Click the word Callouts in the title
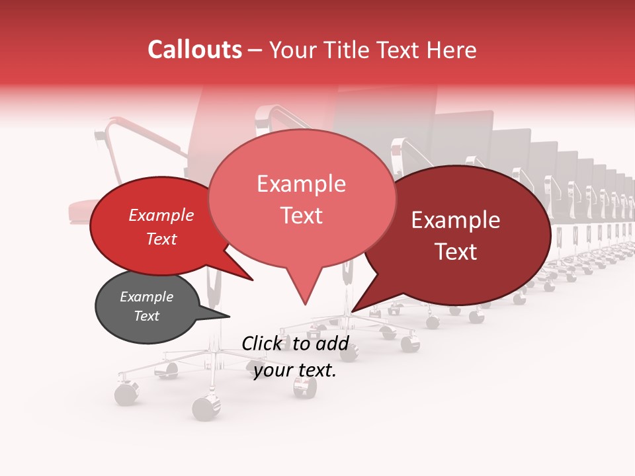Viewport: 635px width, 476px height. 194,50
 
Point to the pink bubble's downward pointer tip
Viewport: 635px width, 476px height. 305,305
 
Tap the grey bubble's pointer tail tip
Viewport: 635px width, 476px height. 230,316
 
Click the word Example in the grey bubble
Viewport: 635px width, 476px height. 146,297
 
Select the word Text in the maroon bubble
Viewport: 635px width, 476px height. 456,252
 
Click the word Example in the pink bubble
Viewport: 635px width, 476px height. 301,184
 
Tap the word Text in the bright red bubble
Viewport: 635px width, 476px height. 161,239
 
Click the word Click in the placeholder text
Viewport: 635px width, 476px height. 263,343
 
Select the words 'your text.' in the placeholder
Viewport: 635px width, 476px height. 295,370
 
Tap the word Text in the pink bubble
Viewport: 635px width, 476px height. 302,216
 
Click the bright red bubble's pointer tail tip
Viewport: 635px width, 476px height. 253,280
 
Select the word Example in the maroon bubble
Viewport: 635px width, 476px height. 456,220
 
